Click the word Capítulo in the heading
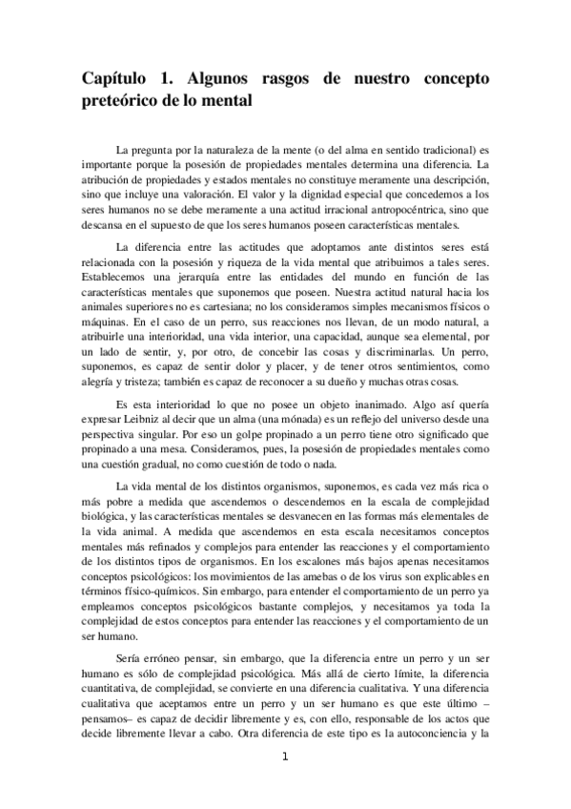(x=117, y=78)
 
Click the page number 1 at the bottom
(x=284, y=758)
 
